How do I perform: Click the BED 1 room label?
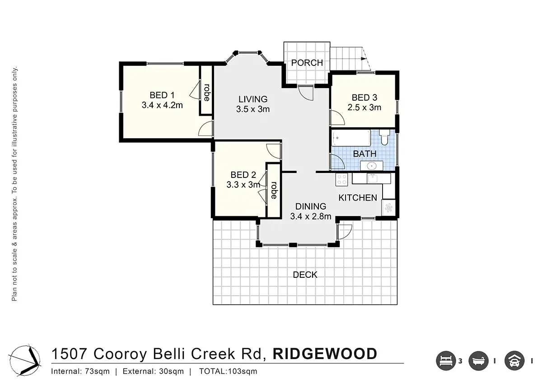pos(162,95)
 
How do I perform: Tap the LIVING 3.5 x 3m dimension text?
pos(253,109)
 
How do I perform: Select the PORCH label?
pos(307,63)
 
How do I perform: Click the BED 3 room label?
pos(364,98)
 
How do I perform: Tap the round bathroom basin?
pos(372,166)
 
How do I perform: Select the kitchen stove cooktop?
pos(341,179)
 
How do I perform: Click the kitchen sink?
pos(372,179)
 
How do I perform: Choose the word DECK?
pos(305,275)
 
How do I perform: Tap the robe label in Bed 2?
pos(274,190)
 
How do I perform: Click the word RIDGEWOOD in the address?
pos(325,354)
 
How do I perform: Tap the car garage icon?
pos(514,361)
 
